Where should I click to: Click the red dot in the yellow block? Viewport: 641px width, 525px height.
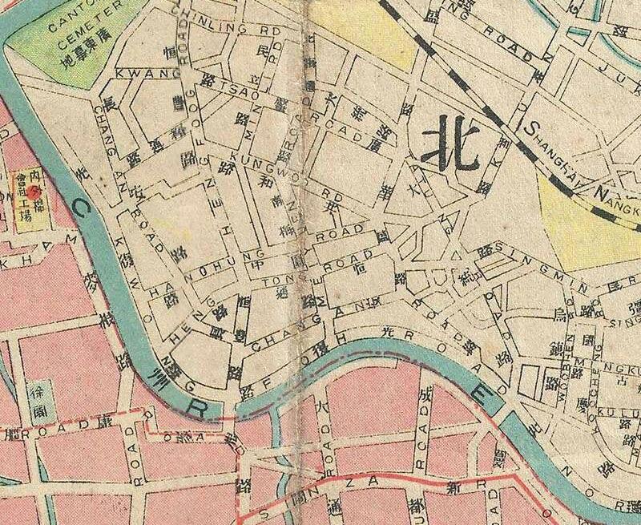[x=34, y=193]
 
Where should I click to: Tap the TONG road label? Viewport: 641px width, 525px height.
[x=276, y=279]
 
